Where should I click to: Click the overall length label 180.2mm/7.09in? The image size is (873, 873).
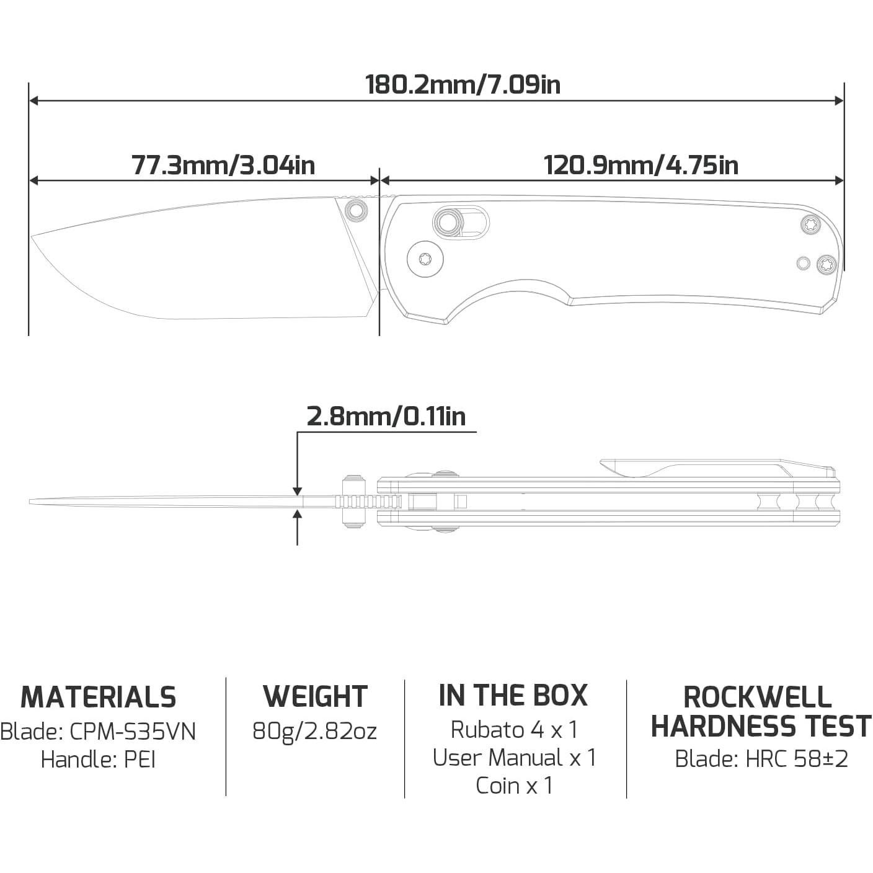click(463, 85)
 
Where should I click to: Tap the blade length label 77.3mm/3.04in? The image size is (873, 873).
click(223, 166)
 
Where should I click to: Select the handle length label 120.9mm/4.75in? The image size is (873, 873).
click(640, 166)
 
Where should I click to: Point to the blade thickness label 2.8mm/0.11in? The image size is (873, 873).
click(386, 416)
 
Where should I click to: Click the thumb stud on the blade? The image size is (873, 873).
click(356, 210)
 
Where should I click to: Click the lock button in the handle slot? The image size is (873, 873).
click(448, 221)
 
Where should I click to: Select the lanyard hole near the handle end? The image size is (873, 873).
click(803, 263)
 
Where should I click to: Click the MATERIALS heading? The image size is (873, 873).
click(99, 697)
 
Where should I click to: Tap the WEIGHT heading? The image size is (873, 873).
click(315, 696)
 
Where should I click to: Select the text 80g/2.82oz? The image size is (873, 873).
click(314, 731)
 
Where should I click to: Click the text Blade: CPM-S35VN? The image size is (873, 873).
click(99, 732)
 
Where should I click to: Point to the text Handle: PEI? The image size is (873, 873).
click(98, 759)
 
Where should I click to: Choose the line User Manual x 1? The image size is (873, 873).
click(514, 757)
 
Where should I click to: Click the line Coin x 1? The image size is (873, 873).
click(514, 785)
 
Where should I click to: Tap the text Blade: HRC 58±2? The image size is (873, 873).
click(761, 758)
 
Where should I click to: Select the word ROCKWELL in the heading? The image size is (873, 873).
click(757, 697)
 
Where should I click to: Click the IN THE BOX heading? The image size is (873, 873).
click(513, 695)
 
